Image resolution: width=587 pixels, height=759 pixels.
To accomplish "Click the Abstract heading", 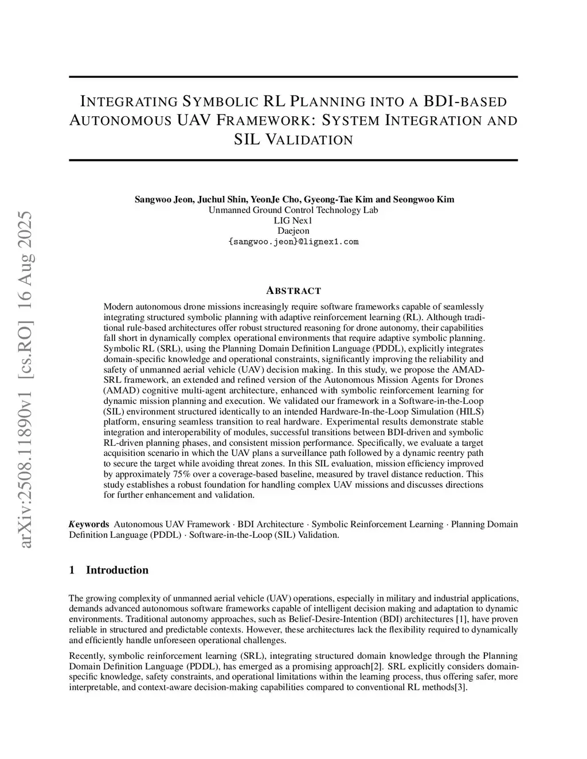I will click(294, 290).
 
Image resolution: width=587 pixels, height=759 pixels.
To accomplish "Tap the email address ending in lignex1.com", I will click(293, 241).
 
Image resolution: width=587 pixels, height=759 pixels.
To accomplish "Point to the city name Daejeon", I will click(293, 231).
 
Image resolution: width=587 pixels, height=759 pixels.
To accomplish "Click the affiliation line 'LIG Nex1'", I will click(293, 221).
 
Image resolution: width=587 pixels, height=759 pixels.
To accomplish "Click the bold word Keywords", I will click(89, 524).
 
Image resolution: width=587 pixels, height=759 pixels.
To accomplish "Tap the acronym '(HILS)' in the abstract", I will click(471, 412).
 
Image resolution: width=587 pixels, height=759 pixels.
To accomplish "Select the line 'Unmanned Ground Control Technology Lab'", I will click(293, 210).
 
